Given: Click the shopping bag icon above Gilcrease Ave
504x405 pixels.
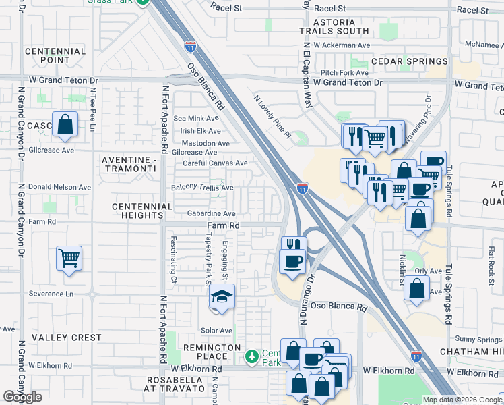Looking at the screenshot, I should click(x=65, y=124).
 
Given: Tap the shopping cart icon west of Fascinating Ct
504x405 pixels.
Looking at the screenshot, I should click(x=69, y=258).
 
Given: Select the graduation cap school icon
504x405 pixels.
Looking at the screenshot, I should click(x=221, y=296).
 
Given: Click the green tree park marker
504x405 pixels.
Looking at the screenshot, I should click(x=252, y=355).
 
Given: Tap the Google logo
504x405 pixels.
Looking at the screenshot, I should click(x=22, y=397).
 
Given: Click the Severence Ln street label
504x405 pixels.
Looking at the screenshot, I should click(x=51, y=294).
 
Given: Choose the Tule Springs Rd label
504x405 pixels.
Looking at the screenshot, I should click(x=448, y=191).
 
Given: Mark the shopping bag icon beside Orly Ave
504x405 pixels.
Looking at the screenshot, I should click(x=416, y=287).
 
